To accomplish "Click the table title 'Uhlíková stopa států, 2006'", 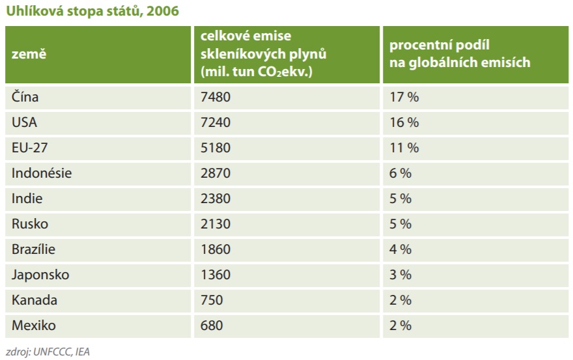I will pyautogui.click(x=92, y=11).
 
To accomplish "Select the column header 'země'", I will pyautogui.click(x=29, y=55).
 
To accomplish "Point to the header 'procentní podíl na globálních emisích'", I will pyautogui.click(x=460, y=55).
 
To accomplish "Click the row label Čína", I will pyautogui.click(x=25, y=97).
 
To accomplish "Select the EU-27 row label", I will pyautogui.click(x=29, y=148).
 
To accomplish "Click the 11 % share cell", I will pyautogui.click(x=404, y=148).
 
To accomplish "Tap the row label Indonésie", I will pyautogui.click(x=42, y=173).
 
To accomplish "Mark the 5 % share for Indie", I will pyautogui.click(x=400, y=199).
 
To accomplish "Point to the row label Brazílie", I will pyautogui.click(x=34, y=249).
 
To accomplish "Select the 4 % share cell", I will pyautogui.click(x=400, y=249).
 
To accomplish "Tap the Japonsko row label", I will pyautogui.click(x=40, y=275).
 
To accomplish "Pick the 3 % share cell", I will pyautogui.click(x=400, y=275).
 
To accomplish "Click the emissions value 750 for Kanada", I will pyautogui.click(x=212, y=300).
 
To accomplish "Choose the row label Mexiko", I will pyautogui.click(x=33, y=325).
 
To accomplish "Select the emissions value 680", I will pyautogui.click(x=212, y=325).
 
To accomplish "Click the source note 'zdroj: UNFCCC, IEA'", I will pyautogui.click(x=47, y=352).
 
